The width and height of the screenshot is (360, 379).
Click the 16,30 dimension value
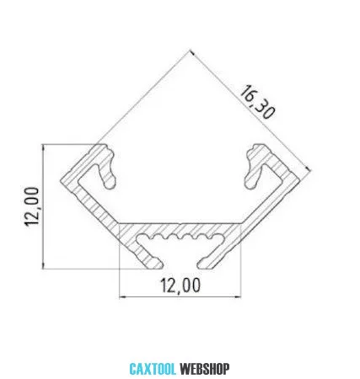(x=256, y=103)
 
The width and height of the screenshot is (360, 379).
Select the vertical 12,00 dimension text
(x=31, y=206)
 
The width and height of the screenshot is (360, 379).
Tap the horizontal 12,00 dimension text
(x=180, y=286)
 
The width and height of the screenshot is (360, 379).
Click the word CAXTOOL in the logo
(x=153, y=369)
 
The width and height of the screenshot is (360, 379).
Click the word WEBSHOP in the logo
(x=205, y=369)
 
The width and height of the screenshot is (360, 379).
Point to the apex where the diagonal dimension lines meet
(x=191, y=51)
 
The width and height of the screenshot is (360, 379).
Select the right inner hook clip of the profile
(x=254, y=167)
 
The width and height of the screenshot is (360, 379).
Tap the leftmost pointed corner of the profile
(x=61, y=180)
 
